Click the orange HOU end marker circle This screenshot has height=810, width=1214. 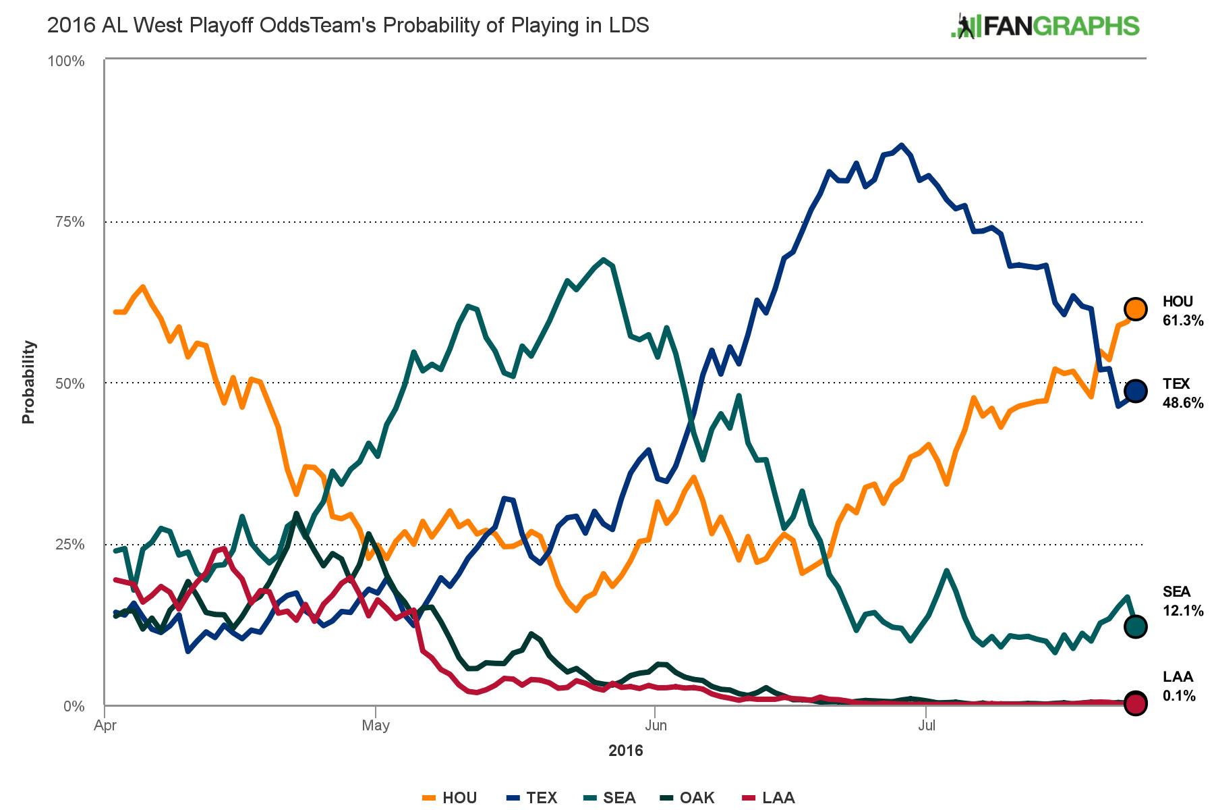(1136, 308)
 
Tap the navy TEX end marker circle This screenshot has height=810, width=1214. (1136, 391)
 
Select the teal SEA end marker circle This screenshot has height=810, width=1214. (1136, 626)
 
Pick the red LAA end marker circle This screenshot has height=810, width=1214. (1136, 703)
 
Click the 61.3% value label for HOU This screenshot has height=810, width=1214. (1183, 321)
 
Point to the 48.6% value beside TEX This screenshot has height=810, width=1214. (1183, 403)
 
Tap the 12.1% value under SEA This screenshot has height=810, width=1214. (1183, 611)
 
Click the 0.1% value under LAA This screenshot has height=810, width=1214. (1179, 696)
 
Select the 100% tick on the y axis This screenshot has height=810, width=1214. (66, 61)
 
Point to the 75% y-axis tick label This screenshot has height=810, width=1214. (69, 222)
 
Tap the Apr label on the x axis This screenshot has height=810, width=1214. (106, 726)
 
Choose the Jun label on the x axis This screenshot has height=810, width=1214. (656, 726)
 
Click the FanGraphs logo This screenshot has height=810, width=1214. (1045, 26)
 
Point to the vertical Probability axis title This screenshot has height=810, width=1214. (28, 382)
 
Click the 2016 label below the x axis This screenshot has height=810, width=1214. (626, 751)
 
